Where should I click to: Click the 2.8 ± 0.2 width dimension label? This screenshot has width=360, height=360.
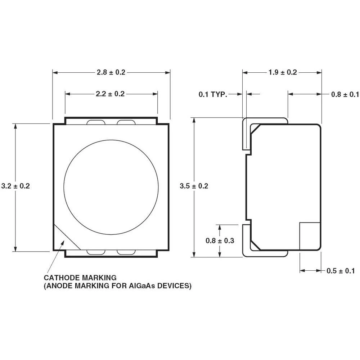click(x=111, y=72)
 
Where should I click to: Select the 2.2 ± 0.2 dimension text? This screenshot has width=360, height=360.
click(x=110, y=94)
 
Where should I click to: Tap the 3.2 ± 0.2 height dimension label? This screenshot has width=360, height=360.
click(x=15, y=186)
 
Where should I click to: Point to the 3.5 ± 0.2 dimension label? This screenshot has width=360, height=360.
click(x=194, y=186)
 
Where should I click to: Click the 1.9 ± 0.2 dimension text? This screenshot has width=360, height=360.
click(x=283, y=72)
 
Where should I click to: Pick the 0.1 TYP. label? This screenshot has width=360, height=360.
click(x=213, y=94)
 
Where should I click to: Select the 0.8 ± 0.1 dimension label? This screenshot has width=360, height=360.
click(x=345, y=94)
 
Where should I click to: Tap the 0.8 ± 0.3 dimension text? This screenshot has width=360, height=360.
click(x=220, y=240)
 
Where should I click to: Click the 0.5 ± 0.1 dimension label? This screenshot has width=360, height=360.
click(x=340, y=271)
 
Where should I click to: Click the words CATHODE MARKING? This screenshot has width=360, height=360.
click(x=80, y=278)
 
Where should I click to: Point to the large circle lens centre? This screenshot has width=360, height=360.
click(x=111, y=187)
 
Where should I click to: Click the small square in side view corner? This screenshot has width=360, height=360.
click(x=310, y=236)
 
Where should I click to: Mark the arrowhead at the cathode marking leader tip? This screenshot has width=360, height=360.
click(x=63, y=243)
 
